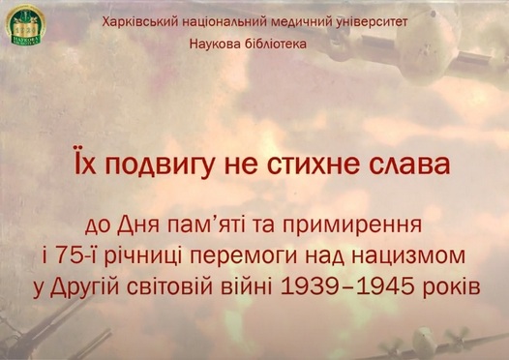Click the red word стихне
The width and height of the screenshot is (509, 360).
[320, 164]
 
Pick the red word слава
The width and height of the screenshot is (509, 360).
[411, 164]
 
